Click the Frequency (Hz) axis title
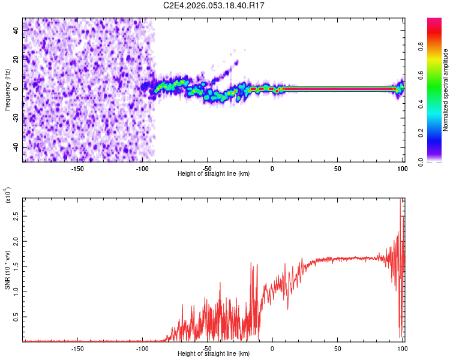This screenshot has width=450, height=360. (8, 90)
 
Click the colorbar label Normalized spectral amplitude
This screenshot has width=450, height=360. (446, 90)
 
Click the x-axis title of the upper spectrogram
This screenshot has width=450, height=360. (214, 173)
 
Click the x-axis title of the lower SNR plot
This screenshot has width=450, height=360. (214, 353)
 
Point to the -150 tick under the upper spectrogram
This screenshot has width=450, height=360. (77, 168)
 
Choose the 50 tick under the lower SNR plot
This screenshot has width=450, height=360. (337, 348)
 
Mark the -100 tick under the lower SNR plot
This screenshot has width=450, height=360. (142, 348)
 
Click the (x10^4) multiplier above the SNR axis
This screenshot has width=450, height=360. (8, 196)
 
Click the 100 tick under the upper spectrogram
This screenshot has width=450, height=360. (401, 168)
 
